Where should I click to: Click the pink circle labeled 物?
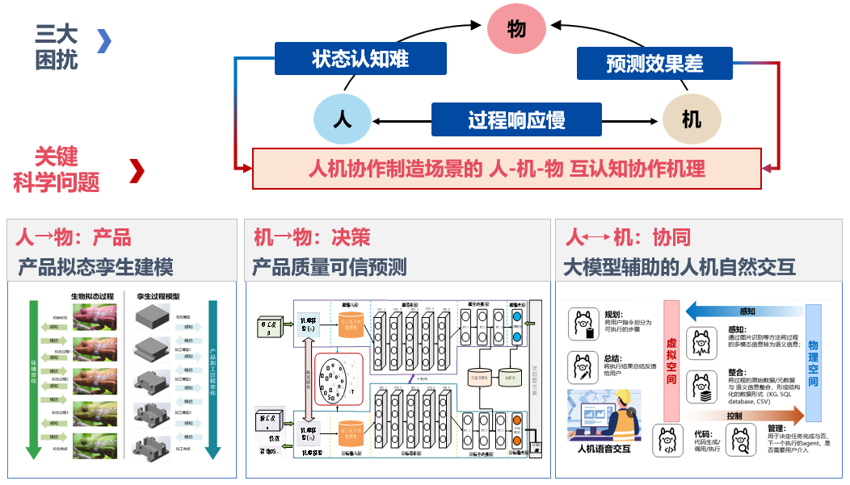pyautogui.click(x=516, y=30)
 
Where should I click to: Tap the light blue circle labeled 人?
pyautogui.click(x=342, y=120)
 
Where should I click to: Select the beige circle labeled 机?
pyautogui.click(x=692, y=120)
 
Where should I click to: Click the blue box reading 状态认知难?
pyautogui.click(x=360, y=59)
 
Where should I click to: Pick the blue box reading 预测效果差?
pyautogui.click(x=654, y=63)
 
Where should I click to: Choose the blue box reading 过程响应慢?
pyautogui.click(x=516, y=120)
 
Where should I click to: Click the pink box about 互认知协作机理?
pyautogui.click(x=507, y=169)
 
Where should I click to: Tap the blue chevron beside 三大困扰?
pyautogui.click(x=104, y=40)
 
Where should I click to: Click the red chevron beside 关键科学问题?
pyautogui.click(x=137, y=170)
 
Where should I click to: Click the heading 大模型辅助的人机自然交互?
pyautogui.click(x=680, y=266)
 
